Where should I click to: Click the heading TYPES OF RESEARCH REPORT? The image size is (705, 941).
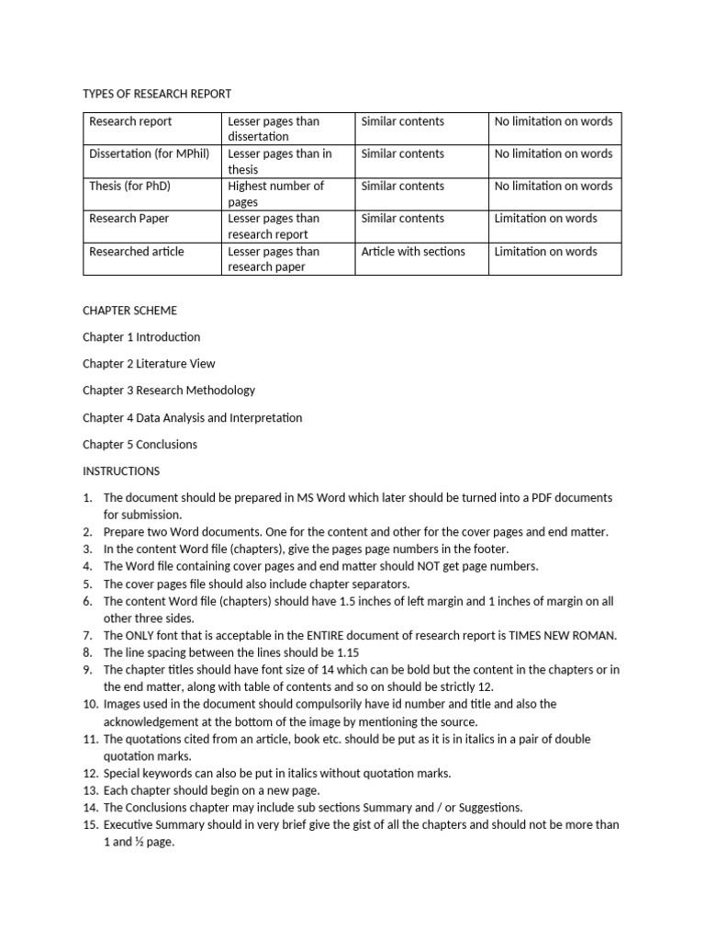point(157,94)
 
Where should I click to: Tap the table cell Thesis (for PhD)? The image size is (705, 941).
point(129,186)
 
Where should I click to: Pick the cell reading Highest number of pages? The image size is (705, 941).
point(275,193)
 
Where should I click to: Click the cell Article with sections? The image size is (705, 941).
point(413,251)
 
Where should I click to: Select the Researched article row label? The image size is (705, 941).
point(136,251)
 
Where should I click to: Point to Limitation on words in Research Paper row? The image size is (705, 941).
point(545,219)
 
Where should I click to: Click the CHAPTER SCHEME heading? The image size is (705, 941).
point(129,311)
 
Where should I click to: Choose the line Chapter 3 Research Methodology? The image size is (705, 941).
point(169,391)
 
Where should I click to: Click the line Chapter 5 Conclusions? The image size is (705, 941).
point(140,444)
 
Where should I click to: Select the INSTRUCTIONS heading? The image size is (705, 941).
point(121,470)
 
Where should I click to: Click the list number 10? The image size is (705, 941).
point(90,704)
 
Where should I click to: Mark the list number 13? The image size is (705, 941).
point(90,790)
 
